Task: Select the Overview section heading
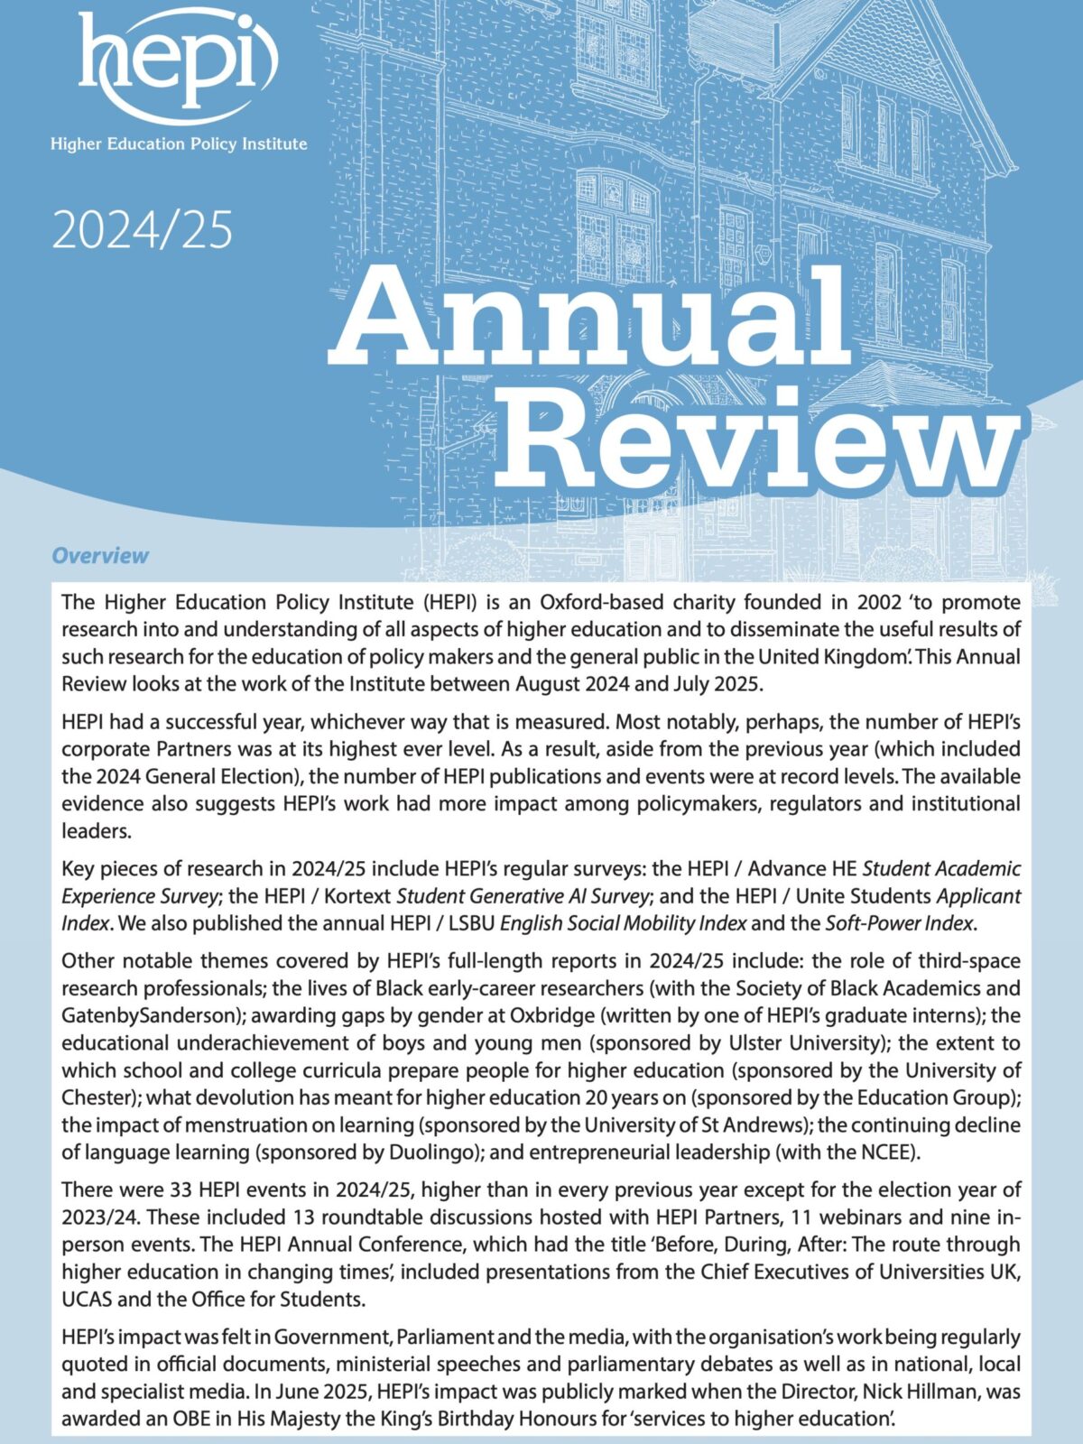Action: [100, 555]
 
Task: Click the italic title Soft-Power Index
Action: [899, 923]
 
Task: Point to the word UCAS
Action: [91, 1300]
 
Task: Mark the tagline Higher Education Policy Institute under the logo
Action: [179, 143]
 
